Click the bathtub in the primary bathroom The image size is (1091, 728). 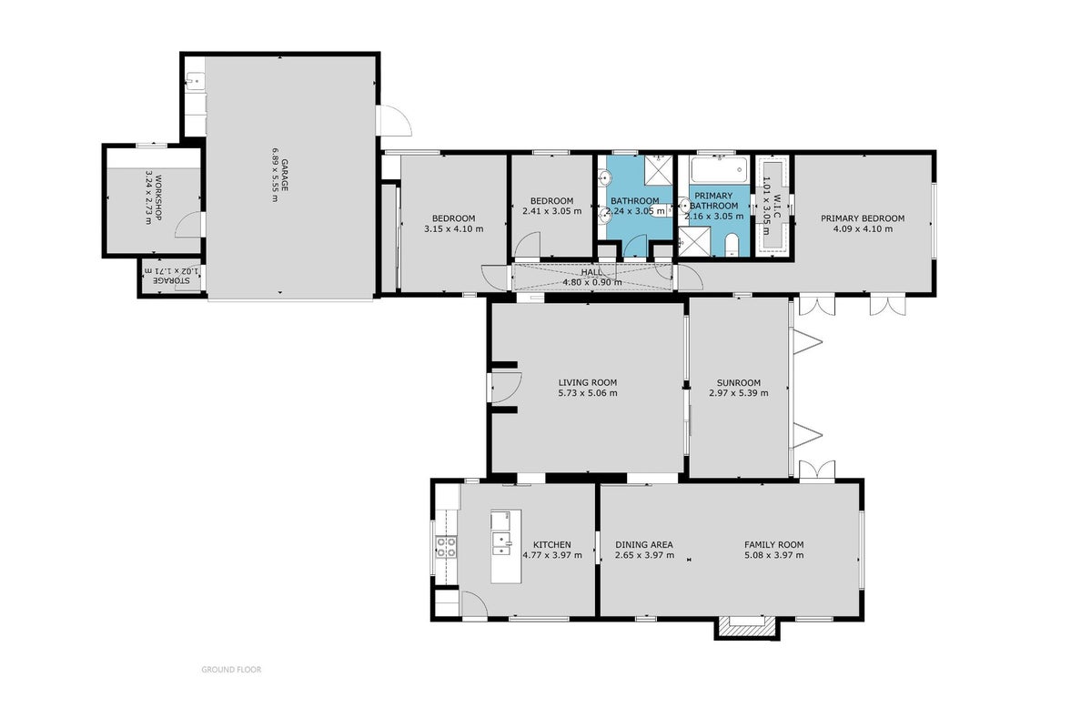point(719,170)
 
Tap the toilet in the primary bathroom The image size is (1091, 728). point(732,246)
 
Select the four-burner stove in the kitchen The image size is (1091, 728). point(446,547)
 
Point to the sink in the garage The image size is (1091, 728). point(196,81)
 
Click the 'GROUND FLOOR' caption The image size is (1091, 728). point(232,670)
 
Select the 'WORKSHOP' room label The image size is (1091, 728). point(157,197)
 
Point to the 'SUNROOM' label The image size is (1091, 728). point(738,382)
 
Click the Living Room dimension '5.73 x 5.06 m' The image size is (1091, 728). point(587,393)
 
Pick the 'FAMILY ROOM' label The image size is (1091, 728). point(773,545)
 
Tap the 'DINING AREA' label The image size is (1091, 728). point(644,545)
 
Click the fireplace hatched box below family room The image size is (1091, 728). point(746,629)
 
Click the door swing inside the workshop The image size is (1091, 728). point(187,225)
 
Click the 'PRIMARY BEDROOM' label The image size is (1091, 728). point(863,218)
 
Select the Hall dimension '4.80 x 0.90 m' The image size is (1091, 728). point(592,283)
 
